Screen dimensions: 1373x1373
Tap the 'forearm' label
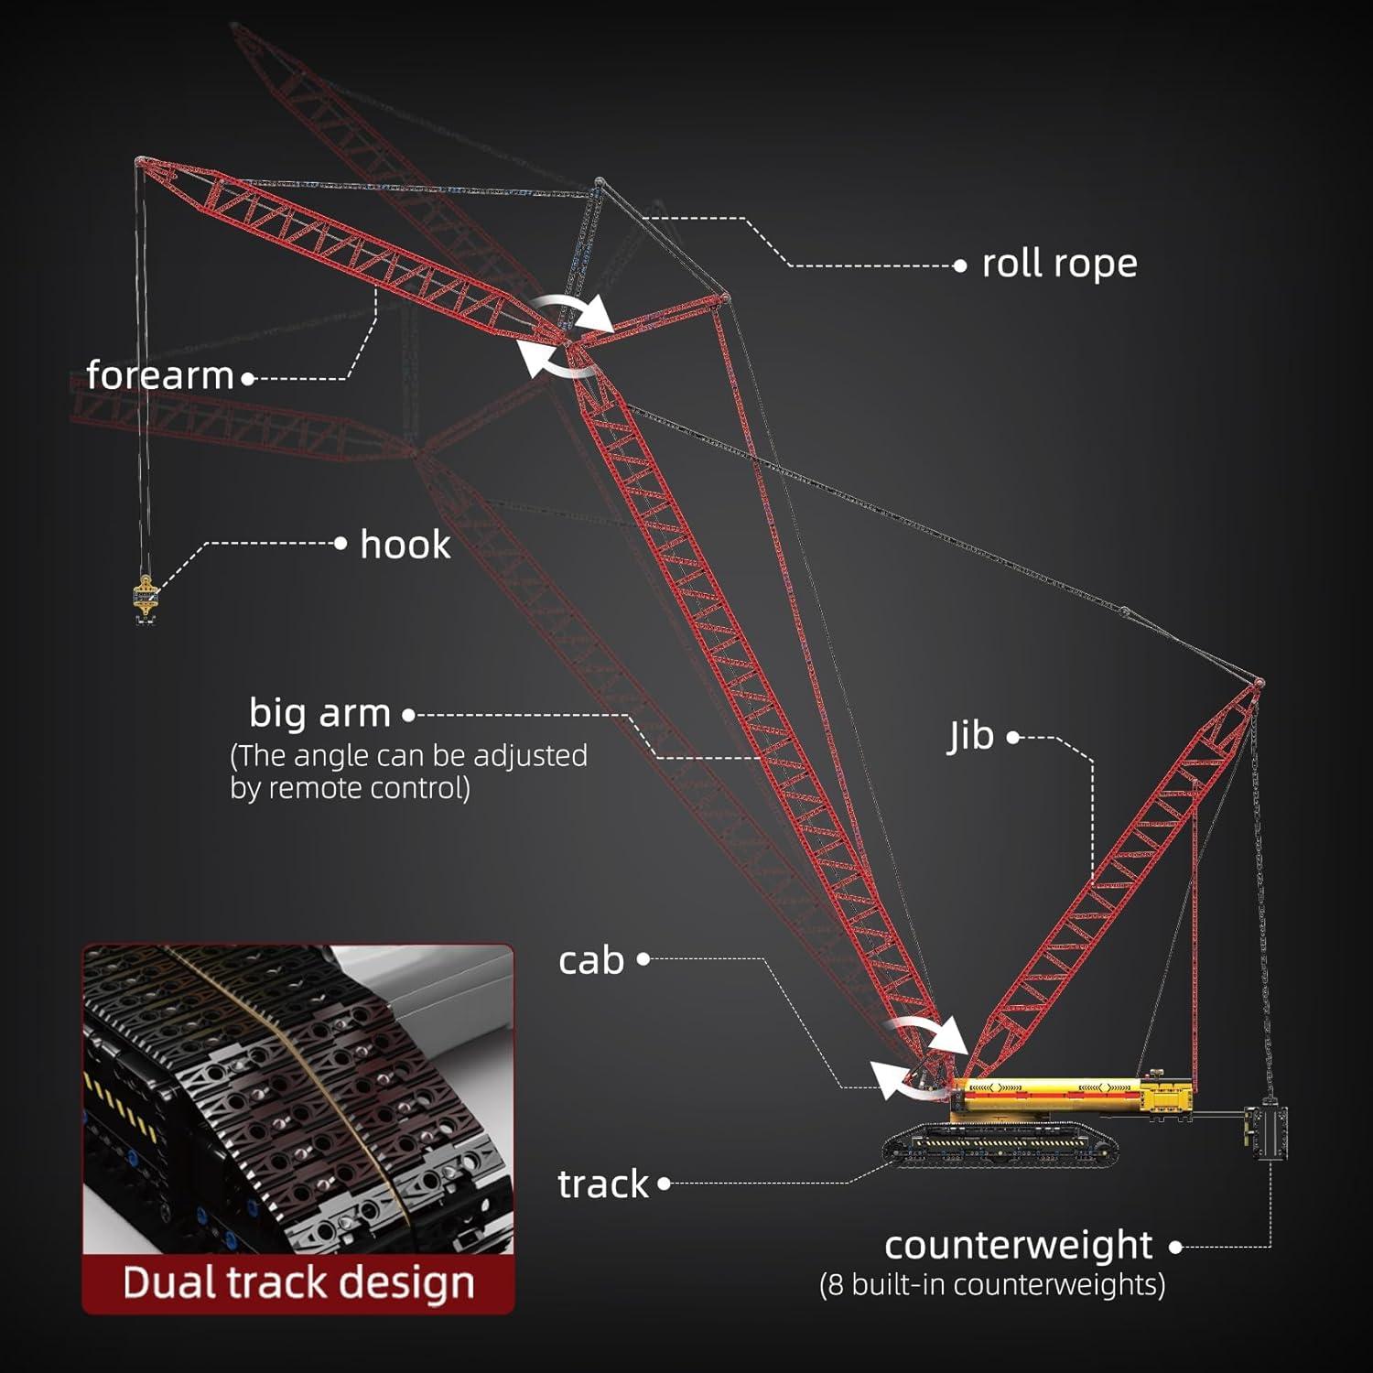point(160,375)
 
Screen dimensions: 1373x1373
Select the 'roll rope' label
point(1059,264)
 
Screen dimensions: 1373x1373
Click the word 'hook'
point(405,545)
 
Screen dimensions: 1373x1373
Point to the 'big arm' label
point(320,713)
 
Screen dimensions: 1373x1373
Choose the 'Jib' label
point(971,735)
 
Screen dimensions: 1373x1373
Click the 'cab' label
point(591,960)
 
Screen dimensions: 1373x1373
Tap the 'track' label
point(603,1184)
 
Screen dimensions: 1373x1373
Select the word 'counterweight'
point(1018,1245)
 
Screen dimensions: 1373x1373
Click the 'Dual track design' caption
point(298,1282)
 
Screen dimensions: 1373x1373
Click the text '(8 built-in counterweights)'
point(992,1285)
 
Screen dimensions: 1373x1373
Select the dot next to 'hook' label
point(341,544)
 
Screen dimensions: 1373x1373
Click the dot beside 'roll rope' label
point(959,266)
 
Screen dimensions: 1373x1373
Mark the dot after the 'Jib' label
point(1013,737)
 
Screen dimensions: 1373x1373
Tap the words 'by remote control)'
point(350,788)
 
